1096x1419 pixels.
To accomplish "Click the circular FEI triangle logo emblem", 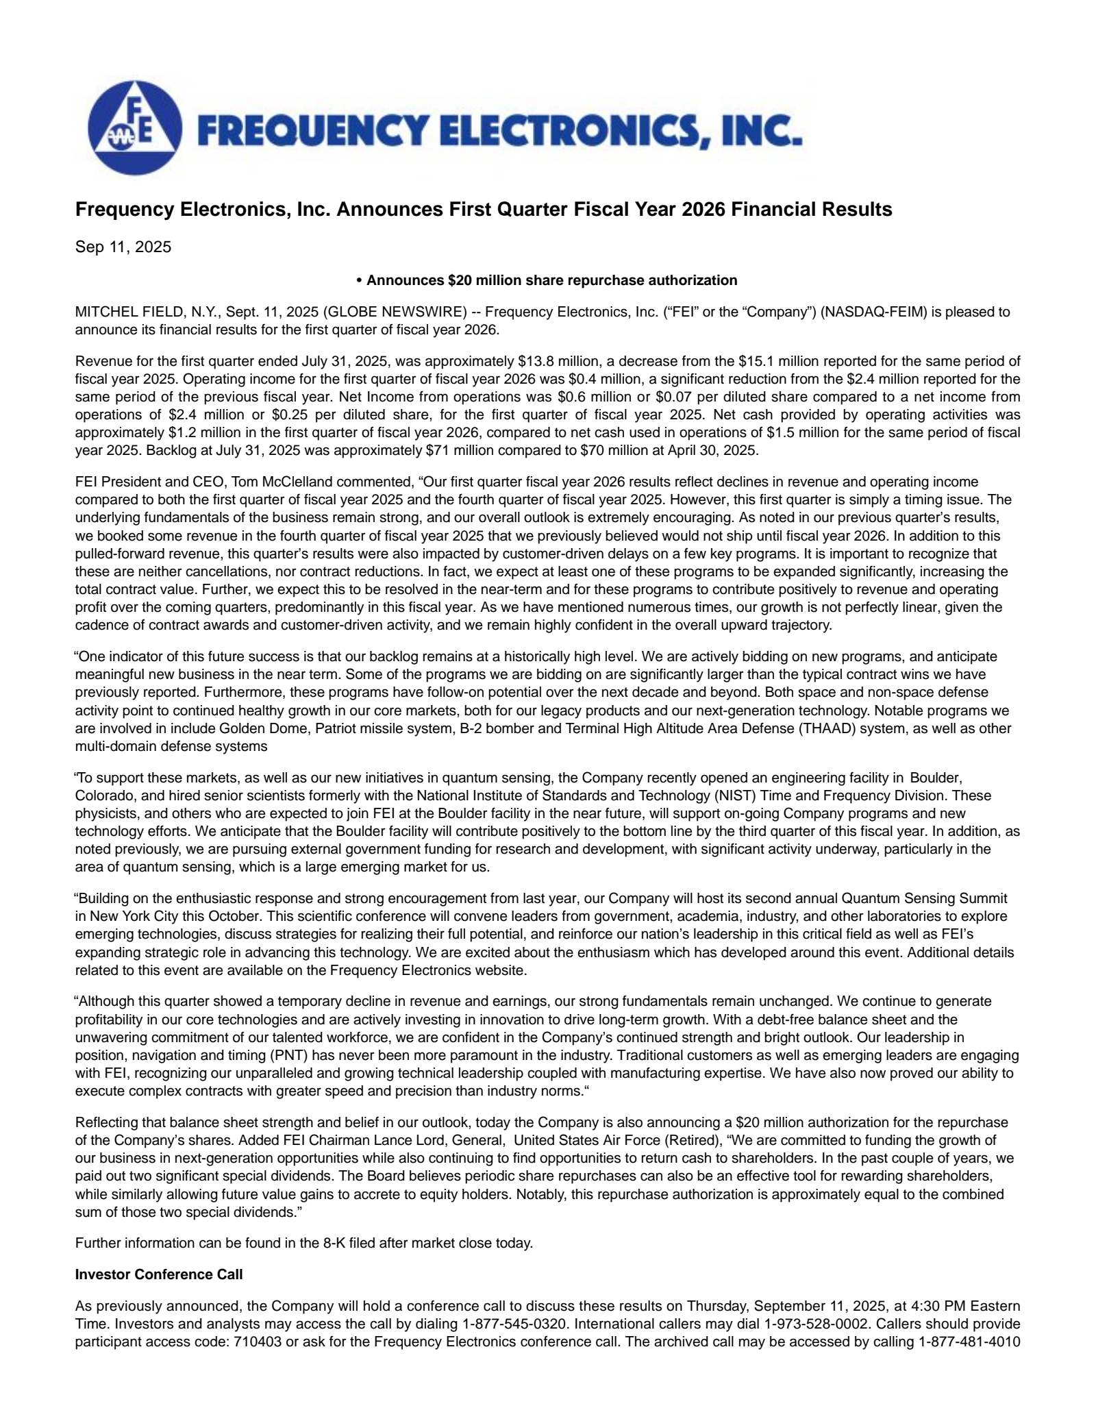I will tap(135, 127).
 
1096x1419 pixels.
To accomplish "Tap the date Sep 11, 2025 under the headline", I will tap(123, 247).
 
